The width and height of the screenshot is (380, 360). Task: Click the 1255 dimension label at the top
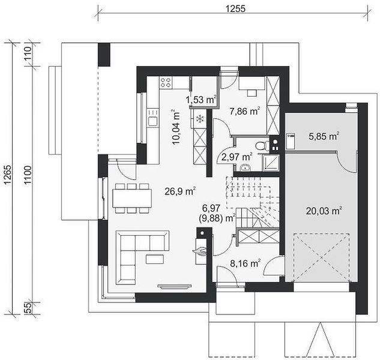pos(235,9)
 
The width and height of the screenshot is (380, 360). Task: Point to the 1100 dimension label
pos(28,175)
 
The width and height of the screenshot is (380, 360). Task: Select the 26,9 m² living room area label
pos(180,191)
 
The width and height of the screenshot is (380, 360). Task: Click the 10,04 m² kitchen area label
pos(176,127)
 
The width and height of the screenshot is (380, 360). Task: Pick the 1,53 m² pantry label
pos(201,100)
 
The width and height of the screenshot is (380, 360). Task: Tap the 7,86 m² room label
pos(245,111)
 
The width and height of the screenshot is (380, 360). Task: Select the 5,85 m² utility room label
pos(324,136)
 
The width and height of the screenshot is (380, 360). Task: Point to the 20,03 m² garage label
pos(324,211)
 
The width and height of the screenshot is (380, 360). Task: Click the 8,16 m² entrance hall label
pos(246,263)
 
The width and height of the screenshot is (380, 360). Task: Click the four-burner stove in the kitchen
pos(166,82)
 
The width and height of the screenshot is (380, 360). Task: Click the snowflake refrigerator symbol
pos(200,119)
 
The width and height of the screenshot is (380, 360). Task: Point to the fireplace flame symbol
pos(200,251)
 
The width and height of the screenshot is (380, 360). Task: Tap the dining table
pos(132,198)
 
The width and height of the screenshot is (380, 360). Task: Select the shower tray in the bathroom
pos(271,163)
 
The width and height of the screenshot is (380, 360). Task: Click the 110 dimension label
pos(28,54)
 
